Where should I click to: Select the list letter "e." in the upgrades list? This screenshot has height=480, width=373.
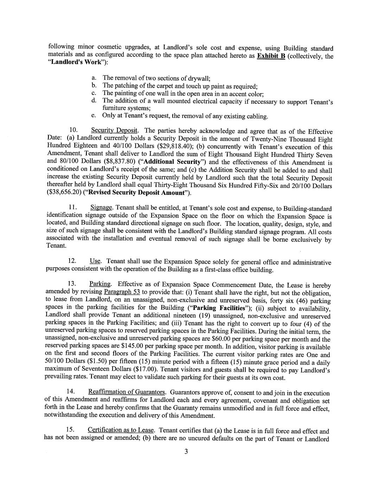tap(94, 116)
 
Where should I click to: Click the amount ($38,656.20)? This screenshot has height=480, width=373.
tap(60, 193)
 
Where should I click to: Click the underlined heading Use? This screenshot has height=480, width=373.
tap(95, 261)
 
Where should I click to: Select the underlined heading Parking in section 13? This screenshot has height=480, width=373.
tap(101, 284)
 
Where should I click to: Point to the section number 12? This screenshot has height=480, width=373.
tap(72, 262)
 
